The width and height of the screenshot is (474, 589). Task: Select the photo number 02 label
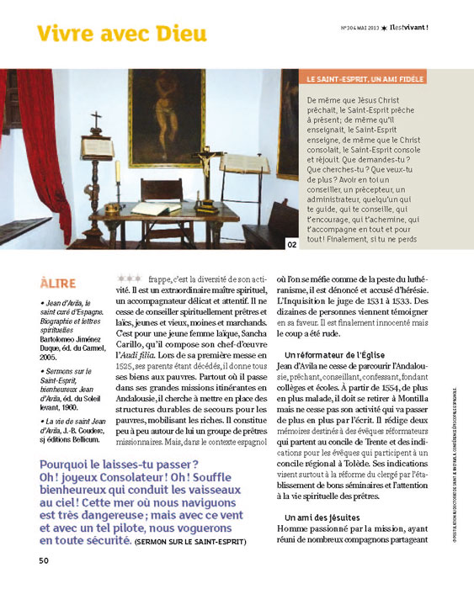pos(291,245)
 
